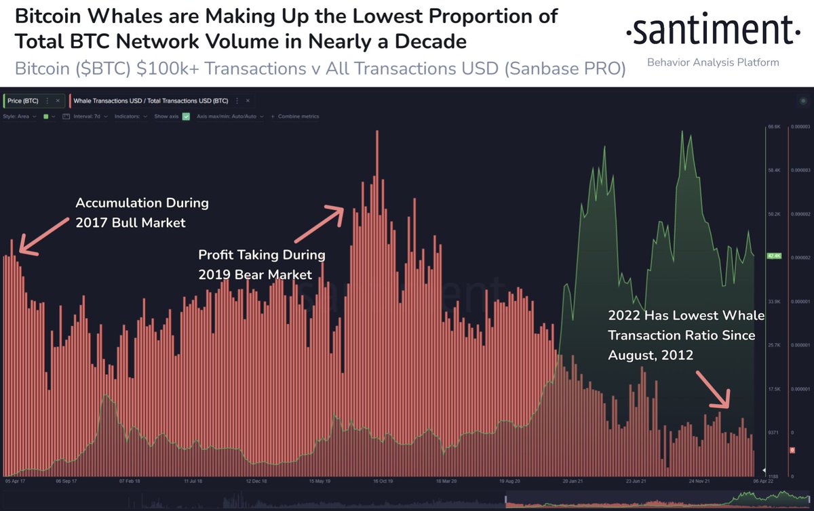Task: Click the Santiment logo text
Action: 710,30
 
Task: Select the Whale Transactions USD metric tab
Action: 151,100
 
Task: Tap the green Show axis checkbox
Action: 186,117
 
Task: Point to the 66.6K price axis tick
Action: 774,127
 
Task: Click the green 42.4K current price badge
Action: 774,256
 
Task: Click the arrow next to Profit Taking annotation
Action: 319,224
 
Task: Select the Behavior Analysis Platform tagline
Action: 713,62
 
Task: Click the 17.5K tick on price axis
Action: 774,389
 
